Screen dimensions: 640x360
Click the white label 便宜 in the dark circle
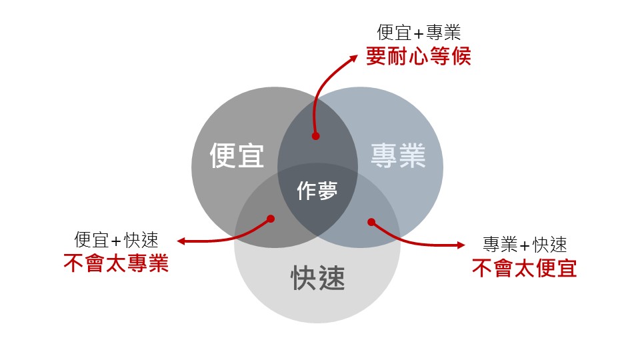pos(237,156)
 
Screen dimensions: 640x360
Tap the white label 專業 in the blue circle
pos(398,156)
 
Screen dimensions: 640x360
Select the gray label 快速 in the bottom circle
pos(318,278)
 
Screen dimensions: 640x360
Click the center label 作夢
pos(317,192)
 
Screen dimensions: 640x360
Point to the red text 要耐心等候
pos(418,56)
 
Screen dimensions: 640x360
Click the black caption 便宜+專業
pos(419,32)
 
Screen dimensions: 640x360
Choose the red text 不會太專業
pos(116,263)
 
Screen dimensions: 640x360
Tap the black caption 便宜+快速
pos(116,240)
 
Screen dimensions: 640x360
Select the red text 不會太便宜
pos(524,267)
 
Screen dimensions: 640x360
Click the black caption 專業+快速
pos(524,244)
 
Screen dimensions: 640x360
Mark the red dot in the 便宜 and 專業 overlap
pos(316,136)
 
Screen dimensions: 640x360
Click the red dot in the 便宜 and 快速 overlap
pos(271,218)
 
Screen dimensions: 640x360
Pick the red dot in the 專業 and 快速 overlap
pos(371,222)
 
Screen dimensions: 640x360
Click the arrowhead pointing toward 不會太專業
pos(181,241)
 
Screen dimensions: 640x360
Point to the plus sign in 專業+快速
pos(524,245)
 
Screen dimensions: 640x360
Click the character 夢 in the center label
pos(327,192)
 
